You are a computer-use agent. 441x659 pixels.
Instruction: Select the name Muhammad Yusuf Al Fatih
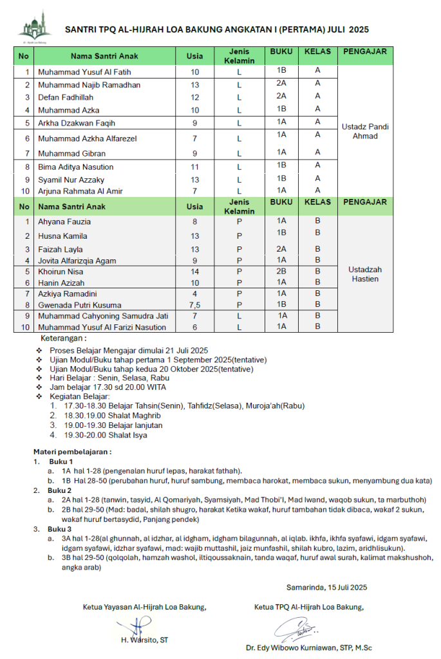pyautogui.click(x=84, y=71)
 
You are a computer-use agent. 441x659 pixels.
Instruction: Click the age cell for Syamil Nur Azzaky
pyautogui.click(x=194, y=180)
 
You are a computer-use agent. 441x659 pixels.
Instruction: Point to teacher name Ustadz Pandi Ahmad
pyautogui.click(x=365, y=131)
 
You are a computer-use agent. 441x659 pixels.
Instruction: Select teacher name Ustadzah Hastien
pyautogui.click(x=365, y=274)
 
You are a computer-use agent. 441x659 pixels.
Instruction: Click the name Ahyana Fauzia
pyautogui.click(x=64, y=221)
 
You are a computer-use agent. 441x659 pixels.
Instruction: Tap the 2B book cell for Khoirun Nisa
pyautogui.click(x=281, y=271)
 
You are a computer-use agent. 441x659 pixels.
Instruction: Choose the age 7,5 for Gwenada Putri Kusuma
pyautogui.click(x=194, y=304)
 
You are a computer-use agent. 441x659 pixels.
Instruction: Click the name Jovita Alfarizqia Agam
pyautogui.click(x=79, y=261)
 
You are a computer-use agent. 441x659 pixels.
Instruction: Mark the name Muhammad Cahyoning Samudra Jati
pyautogui.click(x=103, y=316)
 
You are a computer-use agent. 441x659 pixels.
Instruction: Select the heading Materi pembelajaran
pyautogui.click(x=73, y=452)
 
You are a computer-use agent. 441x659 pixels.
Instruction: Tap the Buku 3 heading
pyautogui.click(x=61, y=528)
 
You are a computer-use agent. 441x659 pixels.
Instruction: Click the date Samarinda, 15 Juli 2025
pyautogui.click(x=326, y=587)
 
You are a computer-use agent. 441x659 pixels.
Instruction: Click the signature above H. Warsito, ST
pyautogui.click(x=136, y=626)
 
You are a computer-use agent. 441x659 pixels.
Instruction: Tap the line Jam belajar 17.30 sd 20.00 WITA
pyautogui.click(x=108, y=387)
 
